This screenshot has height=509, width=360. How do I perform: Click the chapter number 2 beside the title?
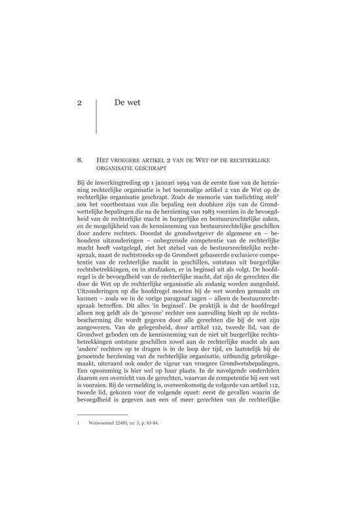(x=79, y=102)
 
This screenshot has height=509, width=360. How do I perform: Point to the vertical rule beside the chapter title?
(x=96, y=115)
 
